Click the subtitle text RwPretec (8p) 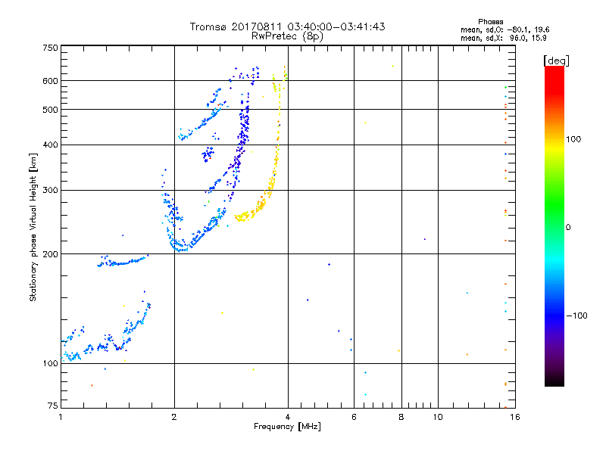point(287,36)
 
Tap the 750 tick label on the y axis point(50,48)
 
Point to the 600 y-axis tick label point(50,81)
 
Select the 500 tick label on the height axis point(50,110)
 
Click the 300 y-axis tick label point(50,190)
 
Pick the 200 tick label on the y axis point(50,254)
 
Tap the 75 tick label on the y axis point(53,406)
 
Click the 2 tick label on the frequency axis point(174,417)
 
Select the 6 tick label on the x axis point(354,417)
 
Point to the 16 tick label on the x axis point(515,417)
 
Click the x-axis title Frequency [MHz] point(287,427)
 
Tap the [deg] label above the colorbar point(556,61)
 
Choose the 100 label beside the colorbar point(573,139)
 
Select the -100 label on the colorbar point(576,316)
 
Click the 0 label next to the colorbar point(568,228)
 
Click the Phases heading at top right point(490,22)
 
